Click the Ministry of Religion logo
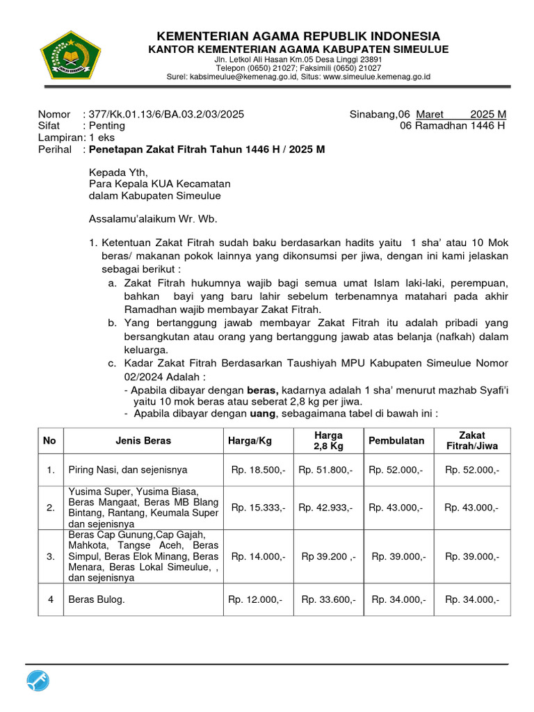tap(70, 55)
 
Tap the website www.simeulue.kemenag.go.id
tap(378, 76)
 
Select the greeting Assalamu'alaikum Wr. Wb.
tap(153, 219)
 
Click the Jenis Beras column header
tap(143, 441)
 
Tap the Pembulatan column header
tap(396, 441)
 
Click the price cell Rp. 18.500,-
tap(258, 471)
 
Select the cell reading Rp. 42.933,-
tap(325, 508)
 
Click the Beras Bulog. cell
tap(97, 599)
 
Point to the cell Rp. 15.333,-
tap(258, 508)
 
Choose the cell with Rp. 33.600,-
tap(325, 599)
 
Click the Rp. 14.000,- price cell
tap(258, 556)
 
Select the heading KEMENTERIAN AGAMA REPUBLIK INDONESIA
tap(298, 36)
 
